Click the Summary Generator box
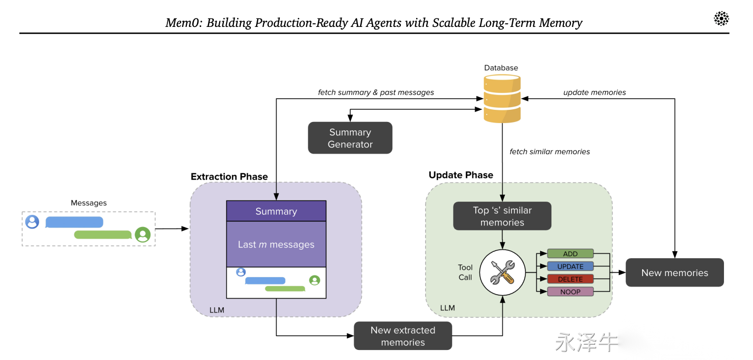(350, 138)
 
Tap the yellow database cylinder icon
(502, 99)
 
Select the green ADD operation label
(570, 253)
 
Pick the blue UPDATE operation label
(570, 266)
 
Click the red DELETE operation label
(570, 279)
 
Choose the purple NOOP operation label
(570, 292)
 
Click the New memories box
(675, 272)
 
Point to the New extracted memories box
(403, 336)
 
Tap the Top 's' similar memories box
(502, 216)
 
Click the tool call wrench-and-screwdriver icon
(502, 272)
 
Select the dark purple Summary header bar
(276, 211)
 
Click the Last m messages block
(276, 244)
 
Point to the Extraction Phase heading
(229, 176)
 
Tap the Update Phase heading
(461, 175)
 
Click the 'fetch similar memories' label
(550, 151)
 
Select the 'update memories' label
(595, 92)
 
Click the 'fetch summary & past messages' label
(376, 92)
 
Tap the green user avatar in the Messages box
(143, 234)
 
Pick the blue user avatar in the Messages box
(32, 222)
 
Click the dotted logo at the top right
(721, 18)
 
